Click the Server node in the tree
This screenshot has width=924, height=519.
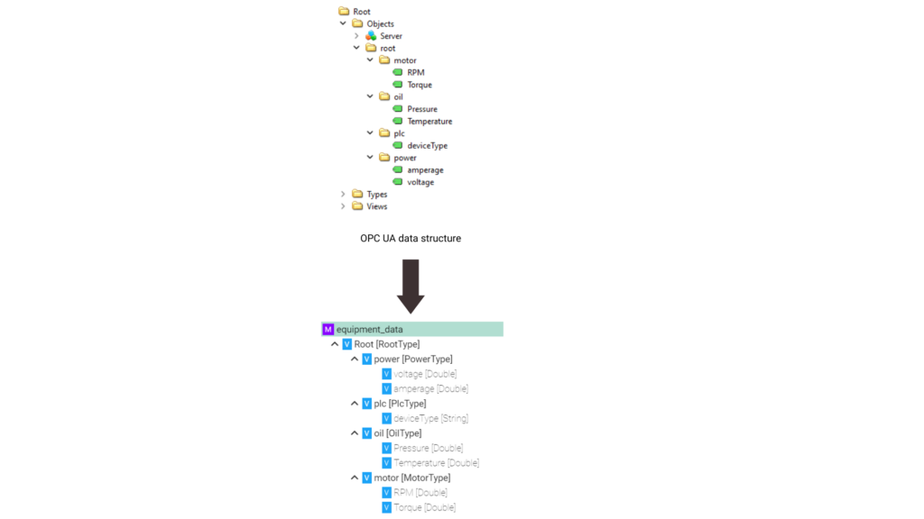391,36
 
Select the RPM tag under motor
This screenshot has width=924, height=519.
415,72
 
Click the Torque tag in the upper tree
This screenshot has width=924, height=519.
420,85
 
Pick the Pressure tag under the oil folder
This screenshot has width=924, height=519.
422,109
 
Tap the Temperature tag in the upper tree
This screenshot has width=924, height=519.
430,122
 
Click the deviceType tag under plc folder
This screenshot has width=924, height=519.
427,145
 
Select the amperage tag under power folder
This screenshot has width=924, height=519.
425,170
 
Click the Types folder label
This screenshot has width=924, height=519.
377,195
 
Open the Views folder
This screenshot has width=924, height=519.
376,206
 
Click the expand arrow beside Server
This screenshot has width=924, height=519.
356,36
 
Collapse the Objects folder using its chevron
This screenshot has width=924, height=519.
343,23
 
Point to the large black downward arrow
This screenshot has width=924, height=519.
411,287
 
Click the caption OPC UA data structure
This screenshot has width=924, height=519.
411,238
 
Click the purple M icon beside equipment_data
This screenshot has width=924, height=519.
328,329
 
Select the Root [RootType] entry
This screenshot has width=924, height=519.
386,344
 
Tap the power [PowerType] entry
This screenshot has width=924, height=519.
413,359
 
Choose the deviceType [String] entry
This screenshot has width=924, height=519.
430,418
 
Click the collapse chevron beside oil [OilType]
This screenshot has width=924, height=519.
354,433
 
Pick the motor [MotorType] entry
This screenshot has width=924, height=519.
411,478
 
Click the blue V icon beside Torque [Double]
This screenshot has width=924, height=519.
386,507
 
